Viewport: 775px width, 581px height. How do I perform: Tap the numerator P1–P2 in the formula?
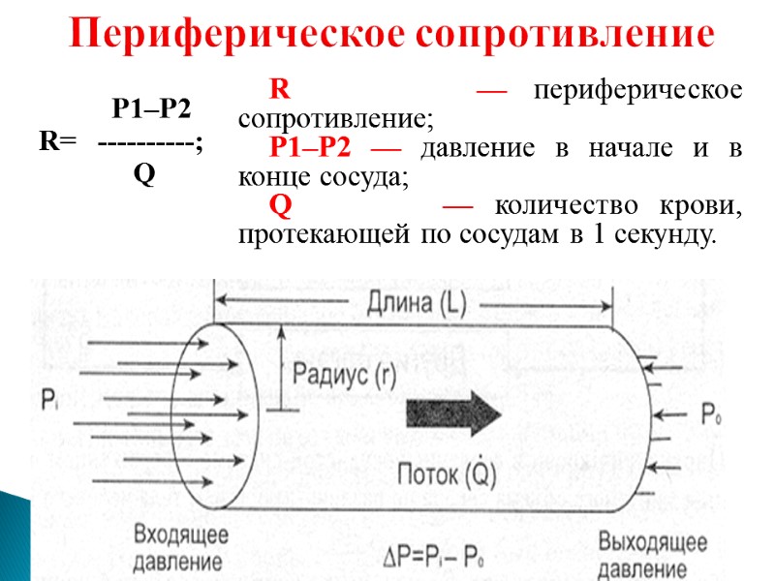151,108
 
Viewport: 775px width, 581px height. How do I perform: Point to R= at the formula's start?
57,141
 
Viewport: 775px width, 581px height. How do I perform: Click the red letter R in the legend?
280,91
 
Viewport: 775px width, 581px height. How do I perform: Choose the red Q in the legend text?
281,206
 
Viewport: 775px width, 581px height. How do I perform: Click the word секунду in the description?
666,235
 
